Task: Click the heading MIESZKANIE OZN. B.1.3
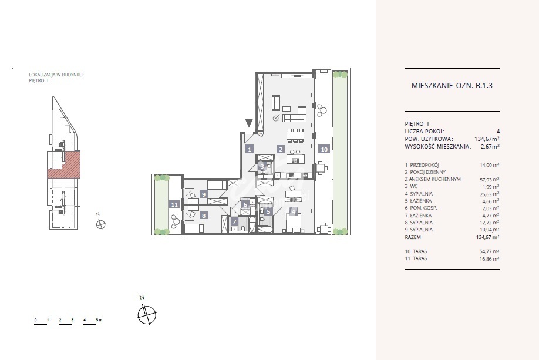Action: click(x=452, y=85)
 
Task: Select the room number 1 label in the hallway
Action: click(x=249, y=150)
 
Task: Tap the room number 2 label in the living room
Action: click(x=281, y=150)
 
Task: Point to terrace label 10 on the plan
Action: click(x=324, y=150)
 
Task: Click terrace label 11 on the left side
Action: click(x=174, y=204)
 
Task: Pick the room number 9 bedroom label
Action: click(x=203, y=193)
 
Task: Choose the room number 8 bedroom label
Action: click(x=203, y=216)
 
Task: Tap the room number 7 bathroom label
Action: click(x=234, y=222)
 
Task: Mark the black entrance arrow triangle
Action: click(x=249, y=123)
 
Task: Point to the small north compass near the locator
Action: click(x=101, y=224)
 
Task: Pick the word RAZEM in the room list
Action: click(x=413, y=237)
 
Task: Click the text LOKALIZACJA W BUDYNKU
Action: click(x=56, y=75)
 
